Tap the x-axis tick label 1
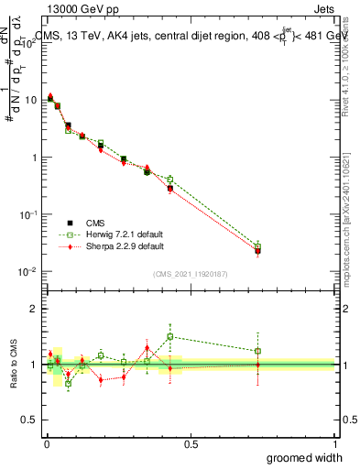[x=334, y=443]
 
